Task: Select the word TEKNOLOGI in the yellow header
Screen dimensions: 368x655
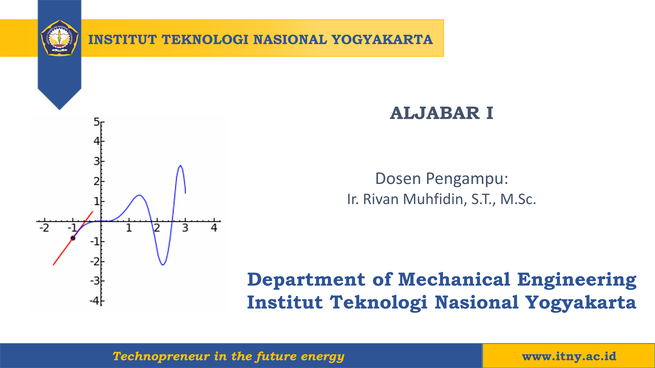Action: [205, 40]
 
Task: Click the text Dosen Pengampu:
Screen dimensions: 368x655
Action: [442, 179]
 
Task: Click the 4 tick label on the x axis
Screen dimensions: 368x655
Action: [214, 228]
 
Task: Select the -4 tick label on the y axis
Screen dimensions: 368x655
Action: [95, 301]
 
